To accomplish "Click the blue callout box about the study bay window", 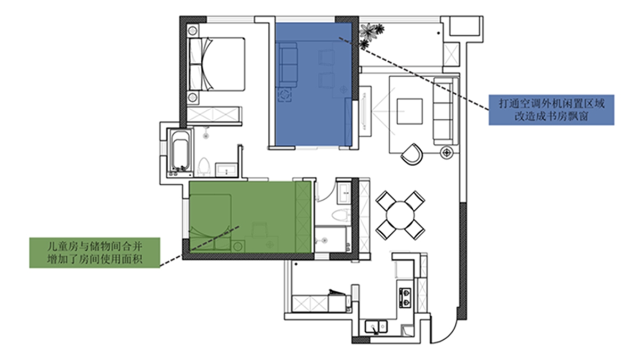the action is click(551, 110).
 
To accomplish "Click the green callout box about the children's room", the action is click(95, 253).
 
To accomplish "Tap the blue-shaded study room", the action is click(314, 85).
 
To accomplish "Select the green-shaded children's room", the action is click(250, 217).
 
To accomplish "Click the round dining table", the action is click(400, 215).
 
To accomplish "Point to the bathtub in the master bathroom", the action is click(181, 151).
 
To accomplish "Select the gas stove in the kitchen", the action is click(405, 298).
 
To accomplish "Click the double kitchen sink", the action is click(376, 327).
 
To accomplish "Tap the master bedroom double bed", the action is click(217, 64).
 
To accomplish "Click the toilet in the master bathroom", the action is click(203, 166).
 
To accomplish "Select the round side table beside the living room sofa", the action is click(446, 153).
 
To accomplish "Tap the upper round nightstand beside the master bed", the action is click(193, 30).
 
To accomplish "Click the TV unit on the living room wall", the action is click(365, 111).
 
